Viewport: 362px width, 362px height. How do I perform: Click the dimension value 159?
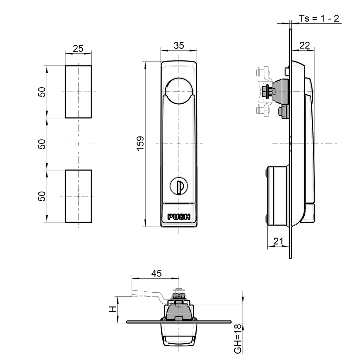tap(140, 144)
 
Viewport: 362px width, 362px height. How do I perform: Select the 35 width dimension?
tap(179, 45)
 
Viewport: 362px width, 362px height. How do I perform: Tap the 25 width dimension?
tap(78, 48)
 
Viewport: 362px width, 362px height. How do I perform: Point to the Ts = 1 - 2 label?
tap(319, 18)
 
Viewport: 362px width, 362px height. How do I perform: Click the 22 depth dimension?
tap(304, 45)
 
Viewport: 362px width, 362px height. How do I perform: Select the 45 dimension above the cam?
tap(156, 273)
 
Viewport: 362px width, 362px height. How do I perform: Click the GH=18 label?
tap(238, 339)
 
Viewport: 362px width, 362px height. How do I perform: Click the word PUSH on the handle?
tap(179, 217)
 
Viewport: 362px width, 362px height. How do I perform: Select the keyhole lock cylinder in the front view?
tap(179, 186)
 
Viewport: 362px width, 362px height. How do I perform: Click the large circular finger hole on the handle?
tap(179, 90)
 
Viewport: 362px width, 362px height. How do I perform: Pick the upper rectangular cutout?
tap(78, 92)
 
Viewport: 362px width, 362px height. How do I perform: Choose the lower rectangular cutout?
tap(78, 196)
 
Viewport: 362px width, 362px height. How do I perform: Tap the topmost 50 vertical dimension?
tap(42, 92)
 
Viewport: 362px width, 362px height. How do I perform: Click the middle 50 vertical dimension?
tap(42, 144)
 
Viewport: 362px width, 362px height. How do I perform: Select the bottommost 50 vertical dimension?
tap(42, 196)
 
